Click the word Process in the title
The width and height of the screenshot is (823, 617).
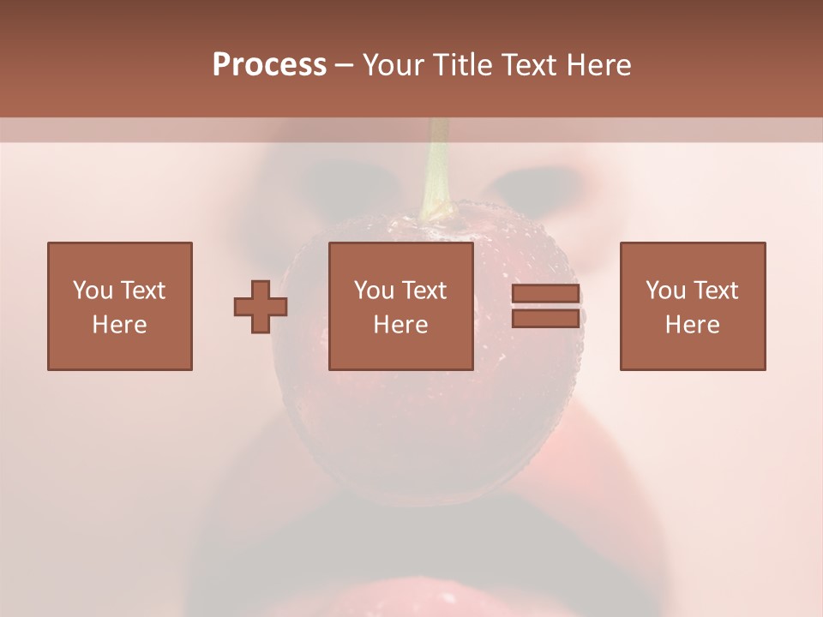269,65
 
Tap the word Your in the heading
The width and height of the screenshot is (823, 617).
395,65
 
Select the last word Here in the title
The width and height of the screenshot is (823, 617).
599,65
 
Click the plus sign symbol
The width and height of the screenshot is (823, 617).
261,307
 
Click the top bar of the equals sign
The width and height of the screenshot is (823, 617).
545,294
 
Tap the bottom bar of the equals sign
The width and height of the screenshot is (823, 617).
545,319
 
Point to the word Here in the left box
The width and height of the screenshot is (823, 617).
119,325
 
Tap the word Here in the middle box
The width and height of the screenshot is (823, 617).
400,325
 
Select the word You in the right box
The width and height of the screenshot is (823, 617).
665,291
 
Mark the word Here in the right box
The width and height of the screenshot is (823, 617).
692,325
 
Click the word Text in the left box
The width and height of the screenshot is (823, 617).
142,291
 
